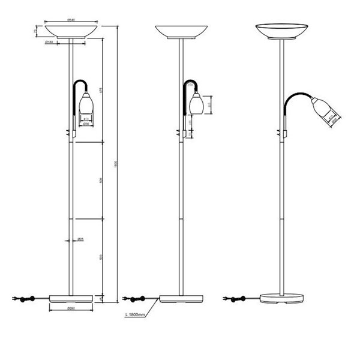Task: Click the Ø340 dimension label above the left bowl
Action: click(71, 20)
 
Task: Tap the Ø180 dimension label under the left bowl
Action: click(50, 43)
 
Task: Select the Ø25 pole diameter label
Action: click(80, 240)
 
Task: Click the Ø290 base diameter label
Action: click(71, 309)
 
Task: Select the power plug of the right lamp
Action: click(226, 298)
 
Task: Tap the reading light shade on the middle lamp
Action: click(195, 104)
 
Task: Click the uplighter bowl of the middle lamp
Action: click(181, 31)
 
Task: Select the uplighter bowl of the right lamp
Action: click(280, 29)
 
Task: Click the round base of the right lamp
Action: click(281, 297)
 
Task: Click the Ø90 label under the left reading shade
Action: click(86, 124)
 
